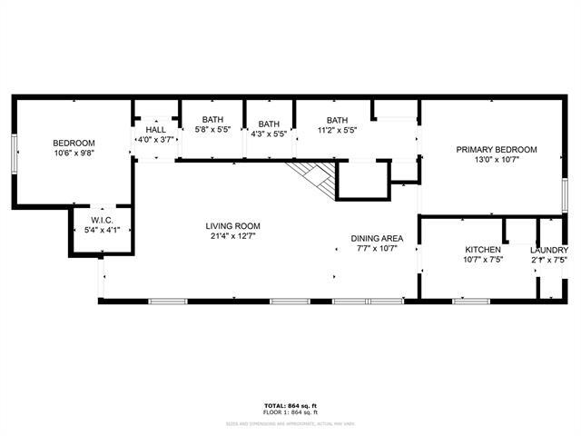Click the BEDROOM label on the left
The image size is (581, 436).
(74, 143)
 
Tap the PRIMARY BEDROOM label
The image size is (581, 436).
(497, 150)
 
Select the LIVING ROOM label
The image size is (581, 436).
(233, 227)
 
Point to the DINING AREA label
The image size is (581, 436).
(377, 239)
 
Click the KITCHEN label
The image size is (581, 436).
(483, 250)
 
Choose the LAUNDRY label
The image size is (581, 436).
(549, 251)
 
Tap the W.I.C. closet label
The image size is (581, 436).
(101, 221)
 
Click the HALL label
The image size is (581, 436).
(155, 129)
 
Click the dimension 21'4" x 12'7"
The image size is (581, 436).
(233, 238)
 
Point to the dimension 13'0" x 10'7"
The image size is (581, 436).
(497, 161)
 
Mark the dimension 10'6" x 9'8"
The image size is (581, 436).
(74, 154)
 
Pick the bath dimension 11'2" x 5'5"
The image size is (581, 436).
(337, 131)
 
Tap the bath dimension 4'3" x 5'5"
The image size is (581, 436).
(268, 134)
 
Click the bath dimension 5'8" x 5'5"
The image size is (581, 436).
(212, 130)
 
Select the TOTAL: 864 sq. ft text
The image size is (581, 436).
(290, 405)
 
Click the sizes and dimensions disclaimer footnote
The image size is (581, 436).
(290, 422)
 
